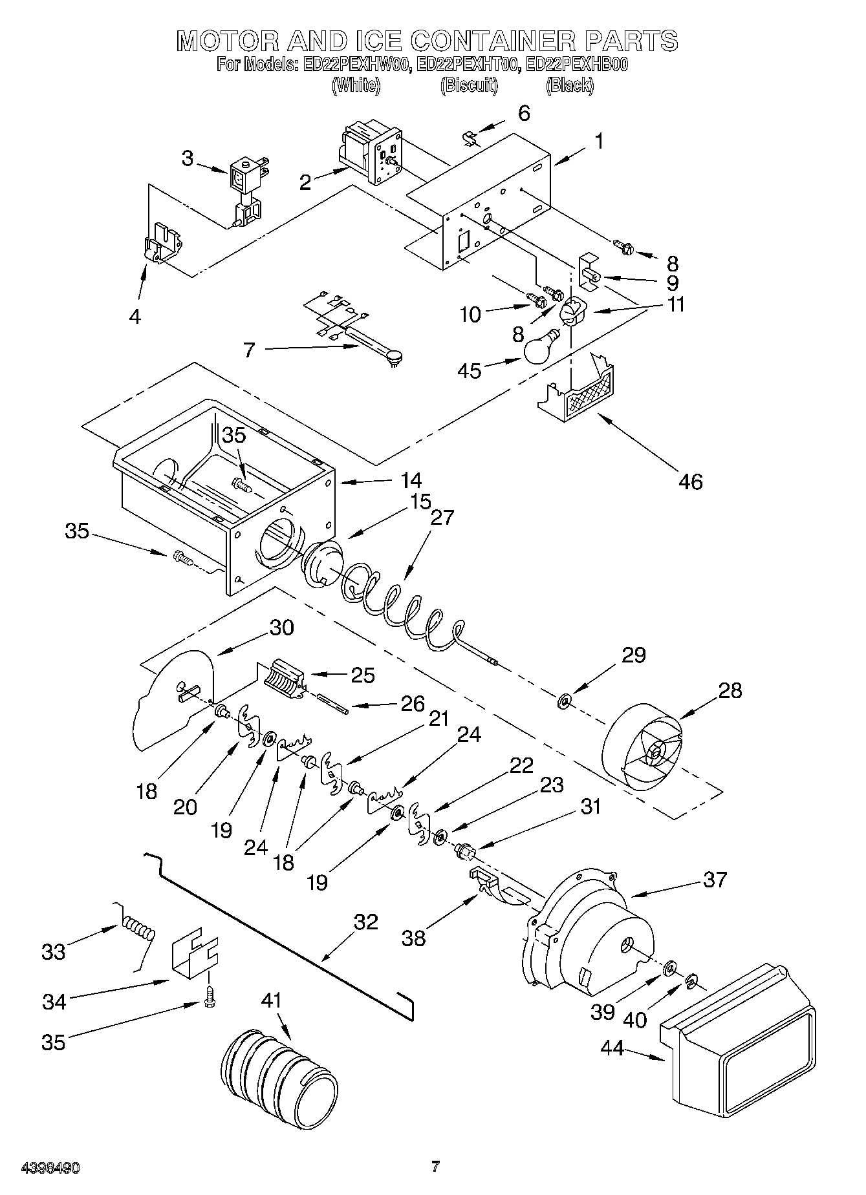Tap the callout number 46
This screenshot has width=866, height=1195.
click(690, 481)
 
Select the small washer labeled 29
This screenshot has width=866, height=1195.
click(565, 701)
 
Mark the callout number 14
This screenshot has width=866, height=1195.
click(411, 480)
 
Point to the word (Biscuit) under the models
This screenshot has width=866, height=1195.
click(469, 85)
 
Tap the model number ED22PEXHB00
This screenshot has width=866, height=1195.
click(577, 65)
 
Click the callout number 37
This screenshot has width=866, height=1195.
click(715, 880)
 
